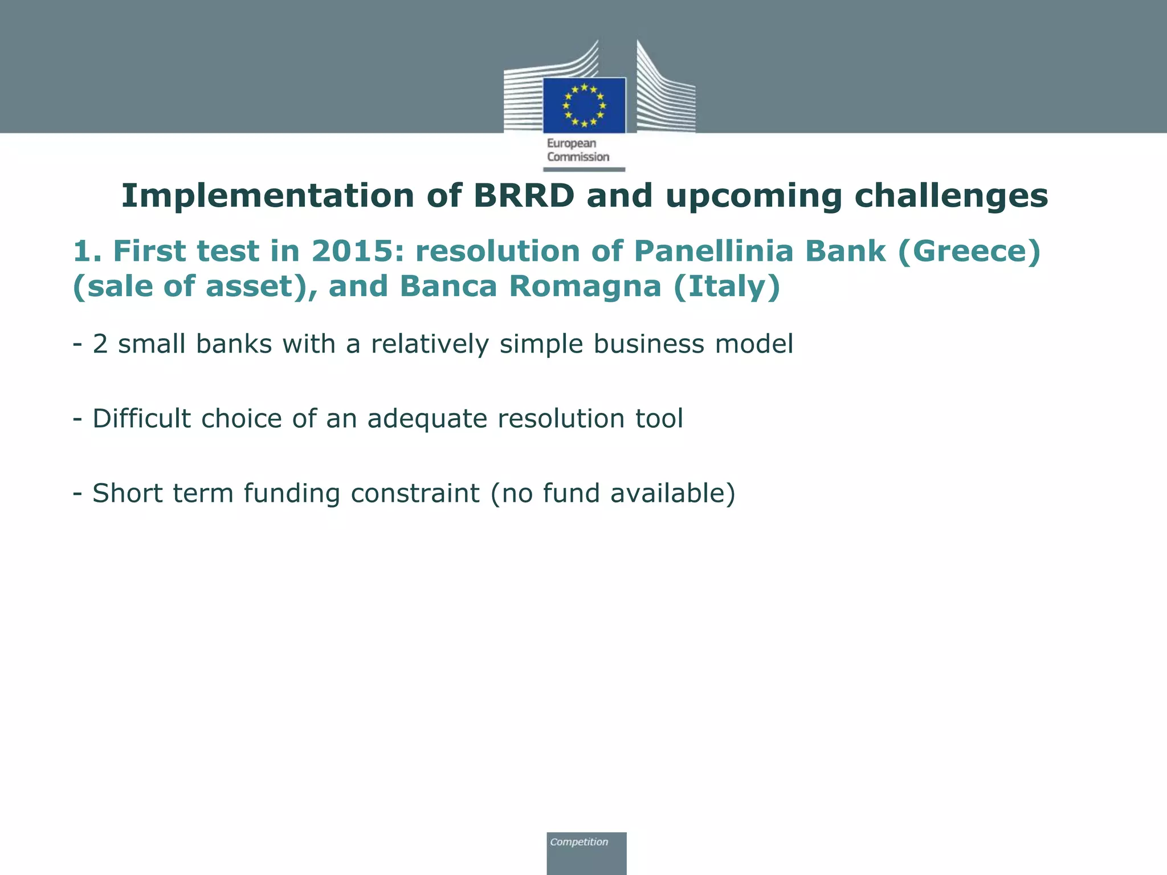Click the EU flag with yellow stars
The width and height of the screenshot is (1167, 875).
point(584,105)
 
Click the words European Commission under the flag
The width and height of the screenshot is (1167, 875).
point(577,150)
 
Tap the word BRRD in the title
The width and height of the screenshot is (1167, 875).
point(524,196)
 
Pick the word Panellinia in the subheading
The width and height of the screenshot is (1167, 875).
point(713,251)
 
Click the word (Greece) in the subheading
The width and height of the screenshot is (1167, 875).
point(969,251)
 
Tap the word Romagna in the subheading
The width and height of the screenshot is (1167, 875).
point(585,286)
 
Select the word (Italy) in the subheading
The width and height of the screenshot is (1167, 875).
point(727,286)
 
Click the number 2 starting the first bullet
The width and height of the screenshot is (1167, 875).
point(100,344)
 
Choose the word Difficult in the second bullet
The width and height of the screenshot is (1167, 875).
point(141,419)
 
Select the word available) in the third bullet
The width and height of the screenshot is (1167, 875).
point(673,493)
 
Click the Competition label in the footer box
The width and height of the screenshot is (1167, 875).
point(579,842)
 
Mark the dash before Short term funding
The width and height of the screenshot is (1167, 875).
point(77,493)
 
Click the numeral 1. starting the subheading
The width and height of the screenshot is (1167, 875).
point(87,251)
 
